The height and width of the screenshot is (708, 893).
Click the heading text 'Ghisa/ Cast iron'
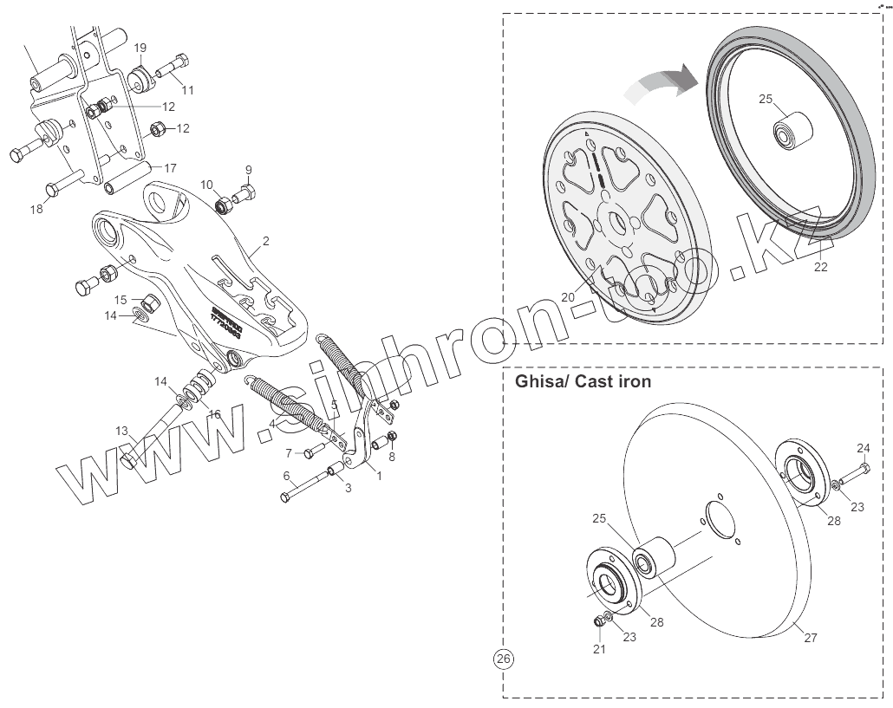(x=583, y=382)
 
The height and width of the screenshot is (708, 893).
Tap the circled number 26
(x=503, y=659)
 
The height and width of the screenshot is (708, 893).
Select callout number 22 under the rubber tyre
(x=820, y=267)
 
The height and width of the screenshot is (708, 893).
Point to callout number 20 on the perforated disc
(x=568, y=296)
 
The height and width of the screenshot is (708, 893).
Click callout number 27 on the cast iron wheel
(x=811, y=638)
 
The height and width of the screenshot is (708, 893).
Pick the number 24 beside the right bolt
(x=864, y=448)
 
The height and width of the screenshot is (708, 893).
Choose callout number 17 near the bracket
(x=171, y=167)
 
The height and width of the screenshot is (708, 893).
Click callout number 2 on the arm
(x=266, y=241)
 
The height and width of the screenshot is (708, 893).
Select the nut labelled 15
(x=149, y=304)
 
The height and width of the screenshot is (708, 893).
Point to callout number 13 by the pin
(x=121, y=431)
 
